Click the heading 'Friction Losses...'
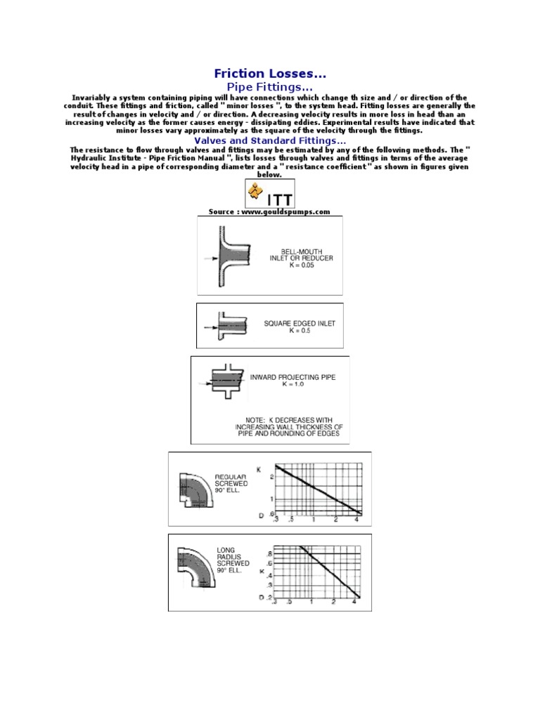click(x=270, y=74)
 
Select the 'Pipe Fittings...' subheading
click(x=270, y=86)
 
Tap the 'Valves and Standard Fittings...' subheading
click(x=270, y=140)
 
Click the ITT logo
click(x=270, y=194)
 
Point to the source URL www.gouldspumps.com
click(x=269, y=211)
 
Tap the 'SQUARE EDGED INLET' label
click(x=300, y=324)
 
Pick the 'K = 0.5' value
click(x=300, y=331)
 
